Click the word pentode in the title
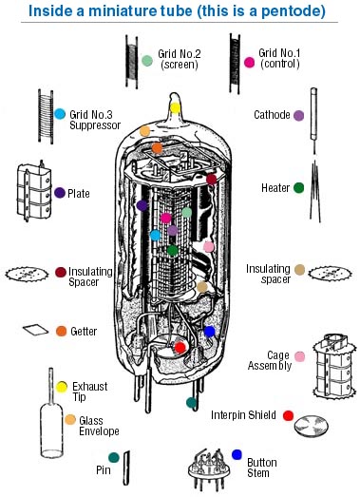[x=289, y=11]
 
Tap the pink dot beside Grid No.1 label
[x=250, y=63]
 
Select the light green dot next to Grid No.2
[x=147, y=61]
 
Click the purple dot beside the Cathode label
[x=298, y=115]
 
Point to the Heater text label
[x=275, y=188]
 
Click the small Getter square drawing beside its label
[x=35, y=330]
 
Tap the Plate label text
[x=79, y=193]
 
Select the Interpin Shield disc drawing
[x=312, y=426]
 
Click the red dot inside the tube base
[x=180, y=348]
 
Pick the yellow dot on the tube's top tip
[x=175, y=107]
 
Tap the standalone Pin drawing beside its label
[x=126, y=468]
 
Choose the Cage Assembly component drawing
[x=333, y=366]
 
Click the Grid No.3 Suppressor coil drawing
[x=46, y=116]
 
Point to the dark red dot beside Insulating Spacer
[x=61, y=272]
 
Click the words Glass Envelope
[x=99, y=426]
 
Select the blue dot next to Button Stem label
[x=237, y=454]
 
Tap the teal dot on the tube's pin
[x=192, y=403]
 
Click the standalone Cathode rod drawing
[x=313, y=121]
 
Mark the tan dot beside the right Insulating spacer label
[x=299, y=270]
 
